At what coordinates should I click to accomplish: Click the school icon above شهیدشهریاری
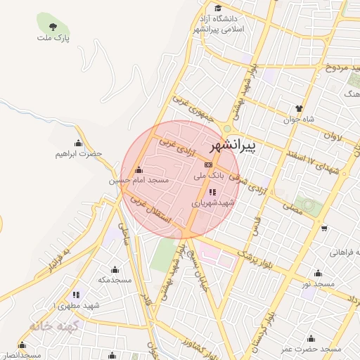pos(212,191)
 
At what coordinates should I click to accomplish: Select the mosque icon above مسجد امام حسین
pos(139,169)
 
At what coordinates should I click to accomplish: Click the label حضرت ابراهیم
pos(79,153)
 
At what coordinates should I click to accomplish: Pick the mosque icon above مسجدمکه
pos(115,269)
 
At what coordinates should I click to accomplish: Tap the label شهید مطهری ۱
pos(75,306)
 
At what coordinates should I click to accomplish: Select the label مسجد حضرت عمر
pos(311,349)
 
